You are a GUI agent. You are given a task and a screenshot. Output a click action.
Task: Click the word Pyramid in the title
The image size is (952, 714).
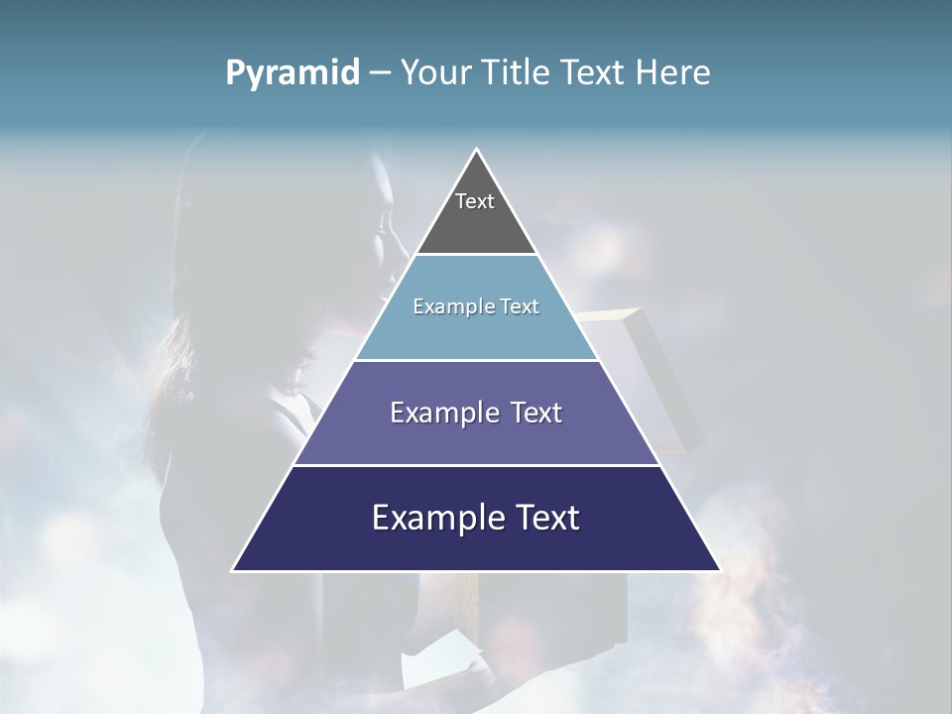[x=292, y=73]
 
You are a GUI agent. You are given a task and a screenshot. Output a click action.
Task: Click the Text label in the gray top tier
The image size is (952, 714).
[x=475, y=201]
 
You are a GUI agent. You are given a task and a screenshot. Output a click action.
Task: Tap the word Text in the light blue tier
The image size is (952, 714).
[x=520, y=306]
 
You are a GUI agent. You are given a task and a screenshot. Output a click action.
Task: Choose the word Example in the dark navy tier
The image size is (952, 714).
[x=423, y=518]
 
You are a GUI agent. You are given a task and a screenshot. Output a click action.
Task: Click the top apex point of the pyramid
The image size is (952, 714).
[x=476, y=149]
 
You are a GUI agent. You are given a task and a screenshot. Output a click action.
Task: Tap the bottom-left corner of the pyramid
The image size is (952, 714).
[x=232, y=570]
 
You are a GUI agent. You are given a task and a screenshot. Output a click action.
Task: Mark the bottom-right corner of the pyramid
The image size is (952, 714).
[x=720, y=570]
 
